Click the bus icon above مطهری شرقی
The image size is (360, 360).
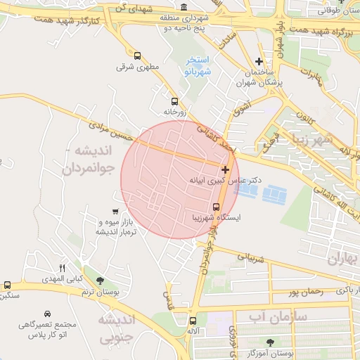(x=136, y=56)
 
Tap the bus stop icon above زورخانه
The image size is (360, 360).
(x=174, y=101)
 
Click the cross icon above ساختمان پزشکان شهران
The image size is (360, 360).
(x=259, y=62)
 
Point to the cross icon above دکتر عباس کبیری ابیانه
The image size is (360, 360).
(x=225, y=169)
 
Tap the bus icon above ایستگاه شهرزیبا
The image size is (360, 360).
(x=216, y=207)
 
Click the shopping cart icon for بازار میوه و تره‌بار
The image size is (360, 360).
(x=115, y=212)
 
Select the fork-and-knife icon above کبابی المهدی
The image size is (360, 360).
(x=62, y=268)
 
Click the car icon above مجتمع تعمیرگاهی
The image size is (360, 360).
(x=47, y=313)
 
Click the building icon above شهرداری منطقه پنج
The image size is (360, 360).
(x=184, y=6)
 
